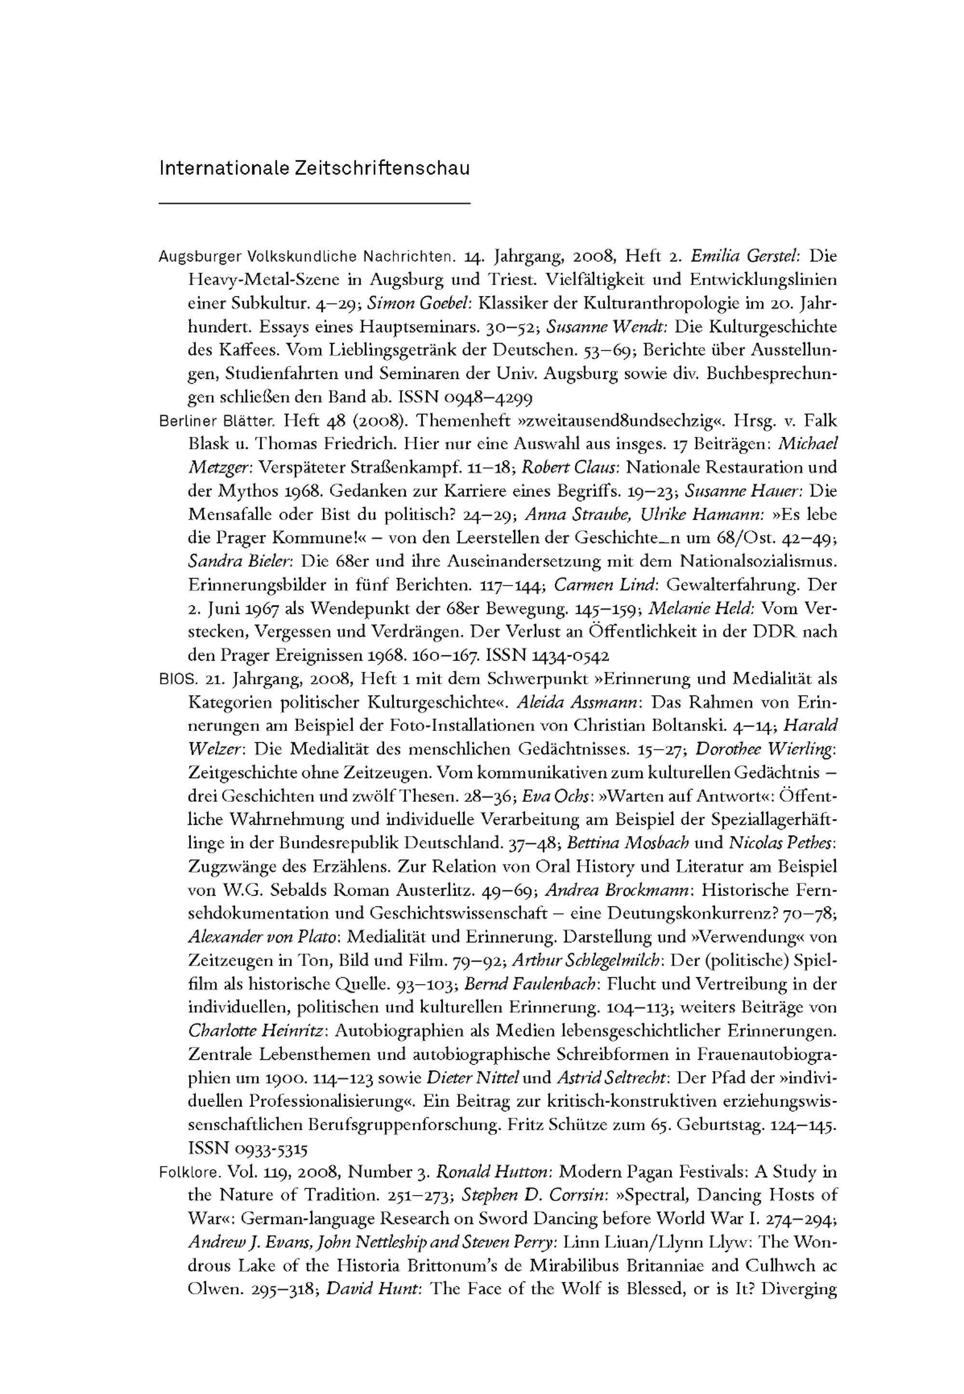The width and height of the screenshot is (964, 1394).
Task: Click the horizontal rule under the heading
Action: click(x=314, y=203)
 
